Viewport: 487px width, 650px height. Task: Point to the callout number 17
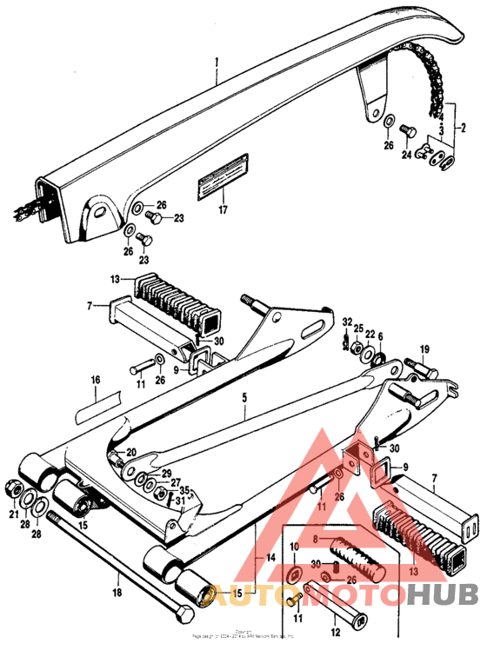(223, 209)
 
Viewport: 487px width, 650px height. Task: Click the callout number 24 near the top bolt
(405, 155)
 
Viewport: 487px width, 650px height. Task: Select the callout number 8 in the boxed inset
(328, 539)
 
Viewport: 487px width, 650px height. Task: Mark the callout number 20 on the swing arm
(131, 452)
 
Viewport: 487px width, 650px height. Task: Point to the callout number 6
(379, 335)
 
